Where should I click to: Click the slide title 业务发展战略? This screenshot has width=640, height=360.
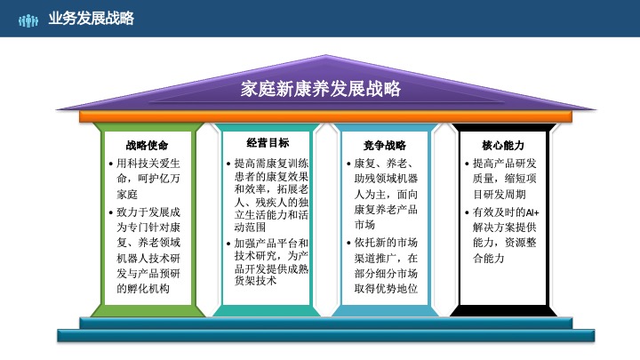coord(92,18)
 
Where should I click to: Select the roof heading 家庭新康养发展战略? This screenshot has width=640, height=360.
coord(321,89)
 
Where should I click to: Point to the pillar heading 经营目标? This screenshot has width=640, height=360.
coord(267,142)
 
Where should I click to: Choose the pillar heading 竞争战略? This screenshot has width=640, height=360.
coord(384,144)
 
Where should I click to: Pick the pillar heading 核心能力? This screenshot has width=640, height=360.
coord(503,144)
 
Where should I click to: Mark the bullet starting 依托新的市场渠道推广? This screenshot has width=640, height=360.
coord(386,265)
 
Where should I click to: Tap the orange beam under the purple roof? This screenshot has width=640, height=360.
coord(320,116)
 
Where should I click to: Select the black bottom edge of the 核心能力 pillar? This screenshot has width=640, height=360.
coord(500,310)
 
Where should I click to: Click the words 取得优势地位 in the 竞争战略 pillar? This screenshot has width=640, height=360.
coord(386,289)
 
